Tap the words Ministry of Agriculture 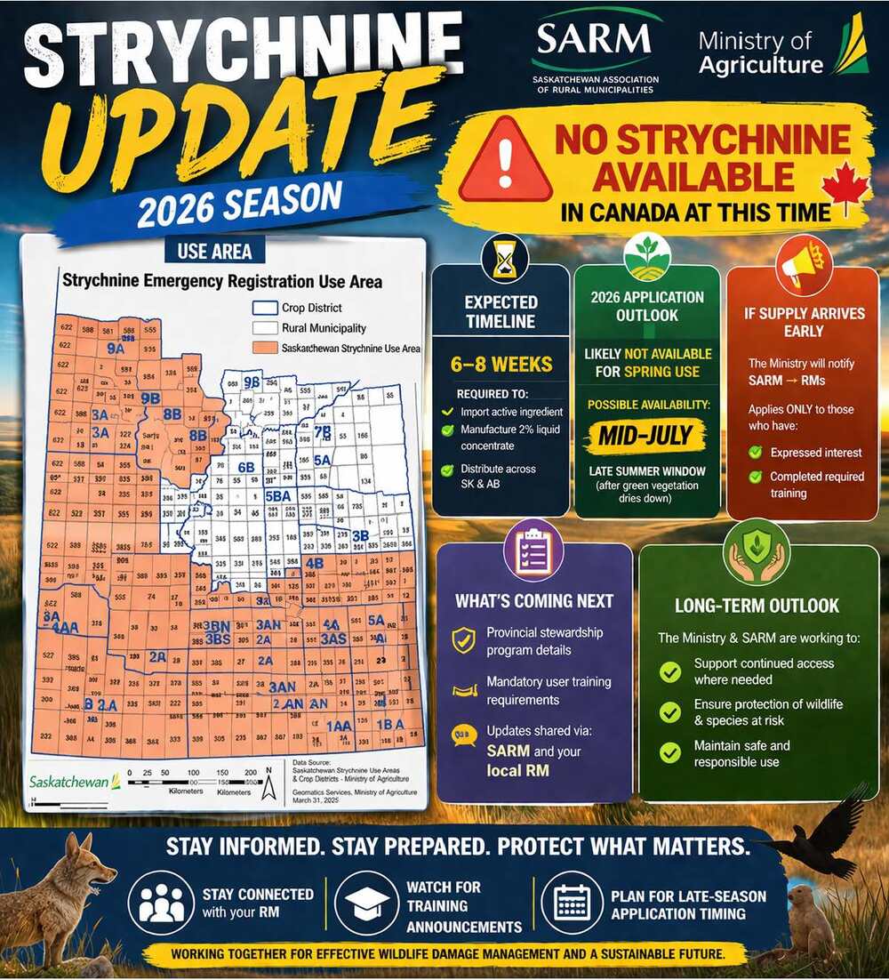pyautogui.click(x=760, y=52)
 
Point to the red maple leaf pyautogui.click(x=845, y=188)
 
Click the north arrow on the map pyautogui.click(x=268, y=788)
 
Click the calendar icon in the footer pyautogui.click(x=573, y=902)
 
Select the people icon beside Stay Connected pyautogui.click(x=161, y=902)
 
